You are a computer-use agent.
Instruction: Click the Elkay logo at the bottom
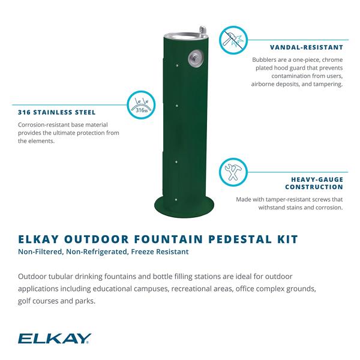[x=55, y=338]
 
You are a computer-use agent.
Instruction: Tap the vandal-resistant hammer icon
[x=233, y=40]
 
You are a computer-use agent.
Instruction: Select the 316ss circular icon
[x=141, y=105]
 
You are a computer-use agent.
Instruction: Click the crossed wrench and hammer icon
[x=233, y=172]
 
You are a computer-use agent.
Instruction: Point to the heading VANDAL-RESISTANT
[x=306, y=47]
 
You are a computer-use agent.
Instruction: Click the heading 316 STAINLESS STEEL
[x=57, y=112]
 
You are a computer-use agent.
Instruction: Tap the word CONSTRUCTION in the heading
[x=314, y=187]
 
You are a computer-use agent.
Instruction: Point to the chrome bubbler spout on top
[x=202, y=32]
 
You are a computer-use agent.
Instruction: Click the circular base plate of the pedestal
[x=184, y=206]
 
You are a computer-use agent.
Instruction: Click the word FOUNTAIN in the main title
[x=169, y=239]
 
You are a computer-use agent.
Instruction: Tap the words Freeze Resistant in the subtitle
[x=160, y=252]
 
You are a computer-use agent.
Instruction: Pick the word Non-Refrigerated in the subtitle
[x=97, y=252]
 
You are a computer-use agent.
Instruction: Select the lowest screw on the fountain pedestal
[x=176, y=200]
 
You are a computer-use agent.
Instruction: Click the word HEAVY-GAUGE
[x=317, y=179]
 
